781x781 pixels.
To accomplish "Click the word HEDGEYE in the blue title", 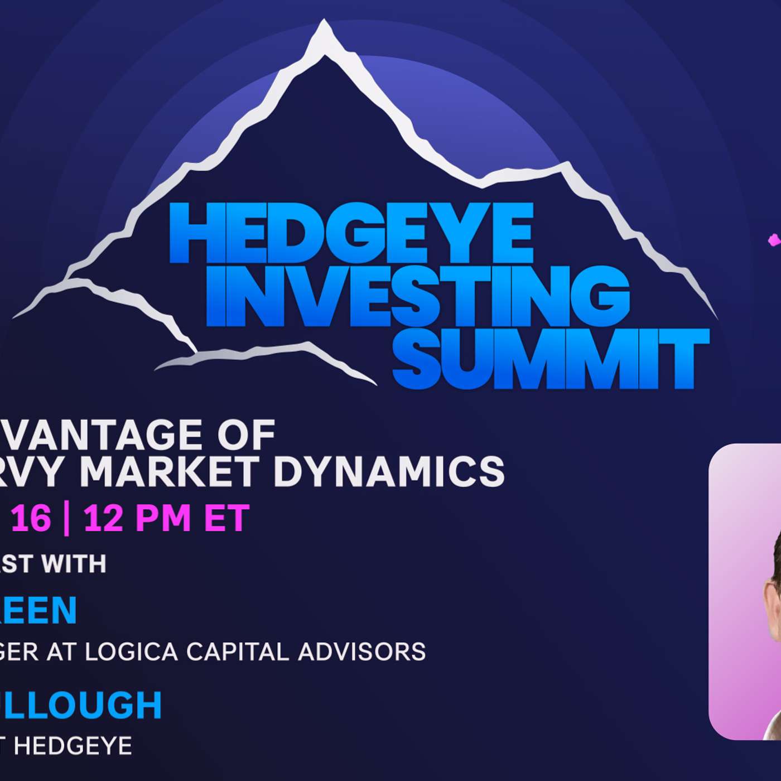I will click(x=351, y=233).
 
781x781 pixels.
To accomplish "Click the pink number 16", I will click(x=31, y=518).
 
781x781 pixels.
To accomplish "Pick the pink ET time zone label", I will click(x=226, y=518).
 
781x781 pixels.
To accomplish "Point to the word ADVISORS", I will click(x=362, y=651).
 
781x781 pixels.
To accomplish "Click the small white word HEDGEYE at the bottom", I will click(x=73, y=746).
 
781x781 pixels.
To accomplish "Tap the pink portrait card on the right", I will click(x=745, y=591).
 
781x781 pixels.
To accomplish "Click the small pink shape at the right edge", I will click(x=774, y=240).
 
